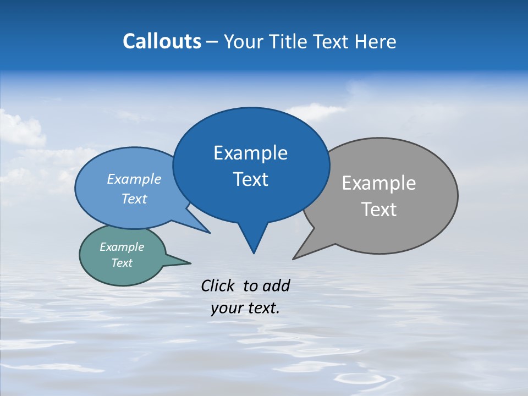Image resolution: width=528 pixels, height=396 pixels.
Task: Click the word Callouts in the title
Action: click(x=162, y=41)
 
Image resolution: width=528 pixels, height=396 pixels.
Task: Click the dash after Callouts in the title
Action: click(x=212, y=42)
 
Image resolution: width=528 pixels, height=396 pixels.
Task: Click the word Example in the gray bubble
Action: click(x=379, y=183)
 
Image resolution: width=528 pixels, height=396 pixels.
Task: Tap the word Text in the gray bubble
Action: click(x=379, y=210)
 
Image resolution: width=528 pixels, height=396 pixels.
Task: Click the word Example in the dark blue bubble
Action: click(x=250, y=153)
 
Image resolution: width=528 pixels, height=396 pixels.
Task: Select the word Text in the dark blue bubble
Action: click(x=250, y=179)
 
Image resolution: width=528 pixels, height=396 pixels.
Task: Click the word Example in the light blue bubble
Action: click(x=134, y=179)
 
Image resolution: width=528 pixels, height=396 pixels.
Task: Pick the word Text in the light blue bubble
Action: click(x=134, y=199)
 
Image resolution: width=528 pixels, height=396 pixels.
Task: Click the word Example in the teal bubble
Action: click(x=122, y=247)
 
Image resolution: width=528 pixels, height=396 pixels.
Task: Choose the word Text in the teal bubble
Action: click(x=122, y=263)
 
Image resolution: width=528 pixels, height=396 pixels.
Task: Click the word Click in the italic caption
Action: click(x=218, y=285)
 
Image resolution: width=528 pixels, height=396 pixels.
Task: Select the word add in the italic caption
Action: click(x=276, y=285)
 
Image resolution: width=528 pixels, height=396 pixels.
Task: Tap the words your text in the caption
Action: click(x=245, y=309)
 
